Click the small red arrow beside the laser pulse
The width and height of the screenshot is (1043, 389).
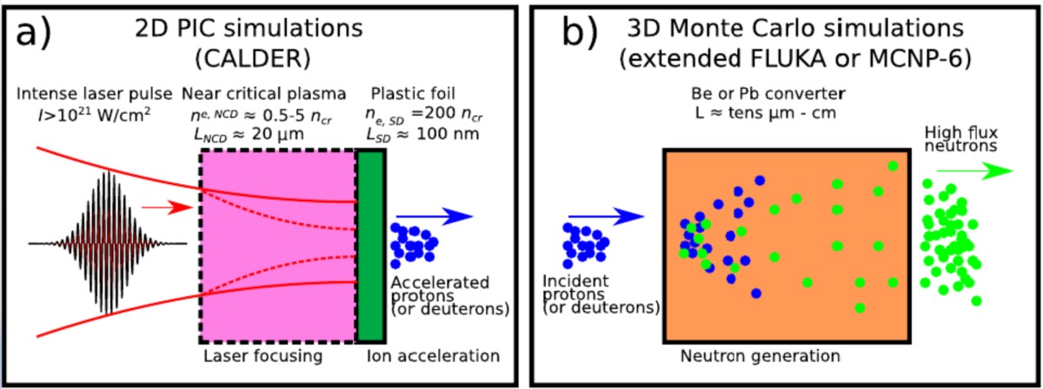(x=161, y=208)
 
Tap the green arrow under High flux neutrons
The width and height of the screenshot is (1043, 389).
(x=978, y=170)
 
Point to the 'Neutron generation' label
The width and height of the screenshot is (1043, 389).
(x=758, y=355)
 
